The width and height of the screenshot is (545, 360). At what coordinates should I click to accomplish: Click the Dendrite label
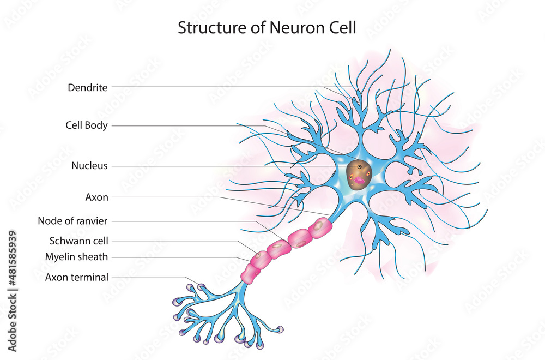88,87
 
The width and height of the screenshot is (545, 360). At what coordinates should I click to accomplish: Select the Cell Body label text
86,126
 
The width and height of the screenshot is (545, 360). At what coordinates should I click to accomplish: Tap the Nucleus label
89,166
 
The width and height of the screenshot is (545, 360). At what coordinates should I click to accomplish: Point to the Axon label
96,196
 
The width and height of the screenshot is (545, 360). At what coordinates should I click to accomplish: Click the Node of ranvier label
72,221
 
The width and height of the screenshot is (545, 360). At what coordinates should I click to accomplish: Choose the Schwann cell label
78,240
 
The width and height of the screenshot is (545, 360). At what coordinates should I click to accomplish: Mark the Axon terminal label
76,277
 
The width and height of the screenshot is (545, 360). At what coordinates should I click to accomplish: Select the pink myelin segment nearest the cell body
319,229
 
